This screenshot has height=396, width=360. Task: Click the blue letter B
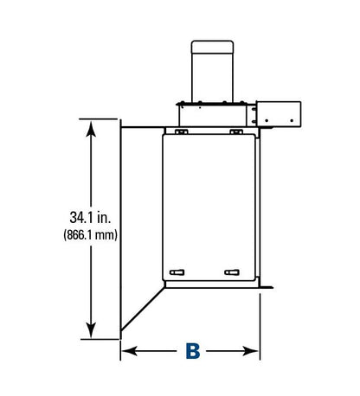tap(193, 351)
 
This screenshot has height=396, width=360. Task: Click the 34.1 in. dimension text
tap(90, 217)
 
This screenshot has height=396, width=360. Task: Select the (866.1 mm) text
tap(91, 235)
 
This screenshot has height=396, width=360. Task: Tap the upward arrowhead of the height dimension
tap(91, 129)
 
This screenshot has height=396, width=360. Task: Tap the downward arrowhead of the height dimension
tap(91, 330)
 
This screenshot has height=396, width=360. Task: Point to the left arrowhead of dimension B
tap(130, 351)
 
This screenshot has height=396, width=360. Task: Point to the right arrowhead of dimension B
tap(250, 351)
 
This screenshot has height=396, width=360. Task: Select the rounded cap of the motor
tap(212, 47)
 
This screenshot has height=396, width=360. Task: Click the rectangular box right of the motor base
tap(279, 114)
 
